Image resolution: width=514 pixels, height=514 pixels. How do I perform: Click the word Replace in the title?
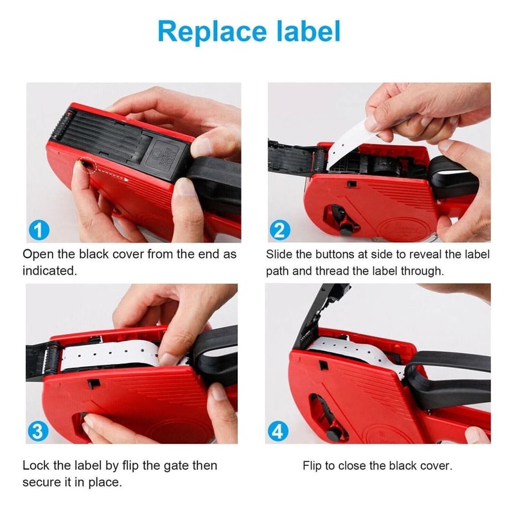coord(206,31)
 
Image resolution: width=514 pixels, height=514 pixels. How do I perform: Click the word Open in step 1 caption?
coord(37,254)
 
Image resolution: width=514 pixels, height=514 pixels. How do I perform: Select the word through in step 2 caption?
coord(422,270)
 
